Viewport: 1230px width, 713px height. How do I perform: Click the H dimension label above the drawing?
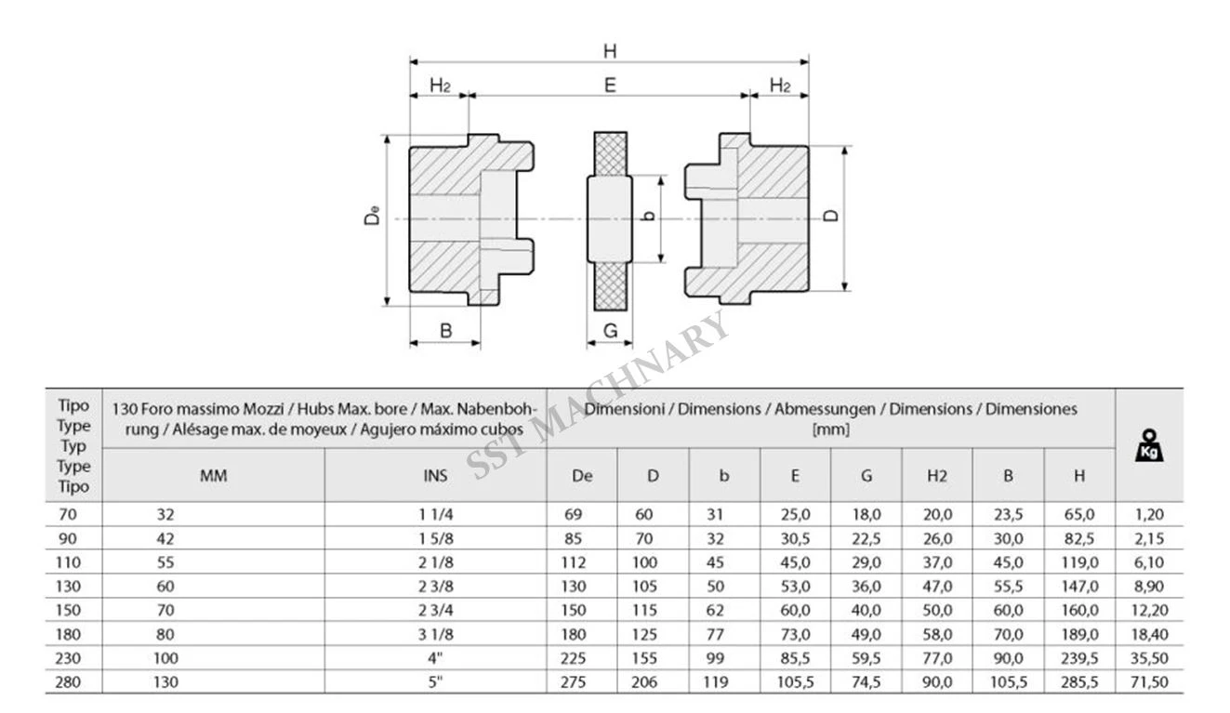click(x=610, y=51)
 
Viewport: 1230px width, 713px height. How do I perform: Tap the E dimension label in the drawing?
click(x=610, y=86)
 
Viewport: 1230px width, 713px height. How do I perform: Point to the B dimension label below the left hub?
click(x=446, y=331)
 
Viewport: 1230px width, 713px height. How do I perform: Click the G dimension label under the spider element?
click(x=610, y=330)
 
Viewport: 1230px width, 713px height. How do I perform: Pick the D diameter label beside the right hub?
click(x=832, y=215)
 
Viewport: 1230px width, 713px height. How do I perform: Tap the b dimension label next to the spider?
click(x=649, y=215)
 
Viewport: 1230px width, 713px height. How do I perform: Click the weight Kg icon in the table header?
click(x=1149, y=445)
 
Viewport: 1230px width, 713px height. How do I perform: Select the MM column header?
click(x=213, y=476)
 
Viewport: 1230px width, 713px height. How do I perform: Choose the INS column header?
click(x=435, y=476)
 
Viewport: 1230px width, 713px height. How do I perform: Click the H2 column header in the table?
click(x=937, y=476)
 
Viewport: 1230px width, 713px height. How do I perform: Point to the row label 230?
click(x=68, y=658)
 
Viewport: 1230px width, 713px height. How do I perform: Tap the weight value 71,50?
click(x=1149, y=682)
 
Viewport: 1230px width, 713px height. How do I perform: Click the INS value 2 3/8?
click(x=435, y=587)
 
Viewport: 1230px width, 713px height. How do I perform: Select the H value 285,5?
click(x=1079, y=682)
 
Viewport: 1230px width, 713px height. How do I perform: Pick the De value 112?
click(x=574, y=562)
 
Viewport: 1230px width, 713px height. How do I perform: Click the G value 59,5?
click(x=866, y=658)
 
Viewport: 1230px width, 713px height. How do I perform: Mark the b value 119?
click(x=716, y=682)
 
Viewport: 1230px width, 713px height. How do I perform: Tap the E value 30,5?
click(x=795, y=539)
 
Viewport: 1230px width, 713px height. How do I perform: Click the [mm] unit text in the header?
click(x=831, y=429)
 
